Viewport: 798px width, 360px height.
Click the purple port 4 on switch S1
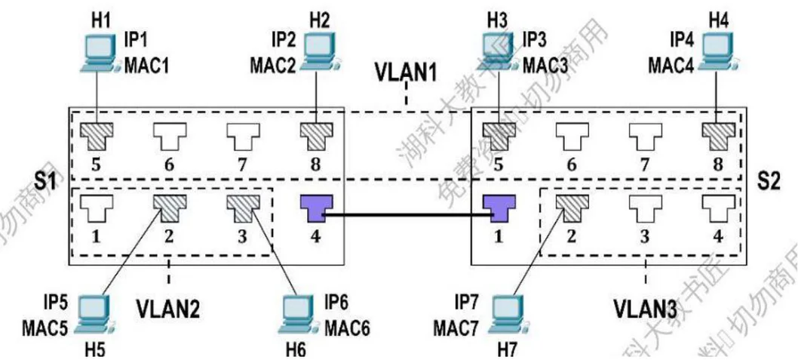[x=315, y=208]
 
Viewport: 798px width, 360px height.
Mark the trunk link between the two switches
[x=407, y=214]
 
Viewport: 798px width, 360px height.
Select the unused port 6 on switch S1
[x=167, y=134]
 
